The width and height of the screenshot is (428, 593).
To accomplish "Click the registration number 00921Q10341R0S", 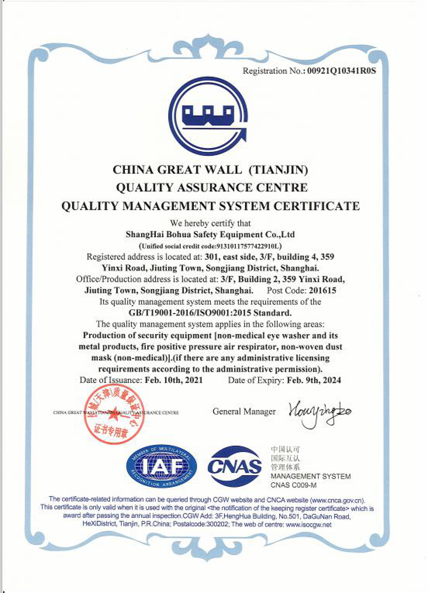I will tap(342, 71).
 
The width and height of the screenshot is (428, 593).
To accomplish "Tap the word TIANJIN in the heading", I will tap(278, 170).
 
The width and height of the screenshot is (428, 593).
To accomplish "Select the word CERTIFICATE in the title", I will tap(317, 206).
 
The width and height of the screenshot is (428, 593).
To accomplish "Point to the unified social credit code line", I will tap(210, 246).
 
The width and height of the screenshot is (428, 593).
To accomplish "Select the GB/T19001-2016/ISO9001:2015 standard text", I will tap(210, 313).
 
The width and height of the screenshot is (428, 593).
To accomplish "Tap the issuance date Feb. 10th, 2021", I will tap(174, 380).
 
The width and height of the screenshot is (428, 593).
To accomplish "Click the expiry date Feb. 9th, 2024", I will tap(314, 380).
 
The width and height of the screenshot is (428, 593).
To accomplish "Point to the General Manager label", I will tap(244, 412).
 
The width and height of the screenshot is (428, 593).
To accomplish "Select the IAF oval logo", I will tap(161, 466).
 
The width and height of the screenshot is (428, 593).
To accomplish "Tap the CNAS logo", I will tap(235, 466).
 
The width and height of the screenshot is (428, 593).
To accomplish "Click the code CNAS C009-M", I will tap(294, 485).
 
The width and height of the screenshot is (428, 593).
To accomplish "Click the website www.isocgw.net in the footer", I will tap(308, 525).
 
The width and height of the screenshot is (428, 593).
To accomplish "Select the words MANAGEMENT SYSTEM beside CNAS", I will tap(310, 476).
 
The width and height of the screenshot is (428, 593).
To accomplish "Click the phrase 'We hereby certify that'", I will tap(210, 223).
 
